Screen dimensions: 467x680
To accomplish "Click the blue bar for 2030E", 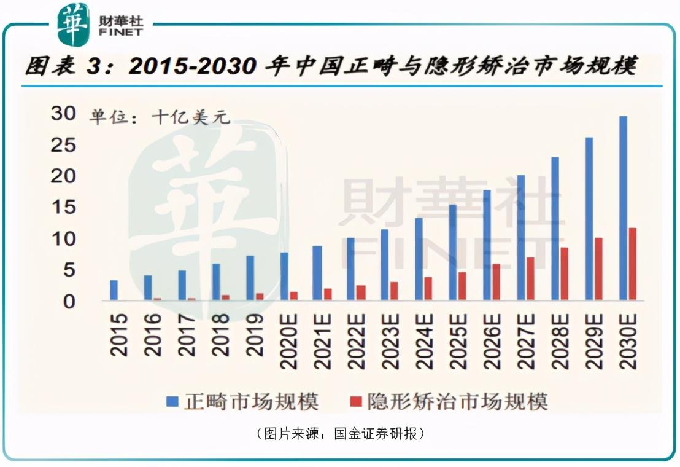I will click(x=623, y=208).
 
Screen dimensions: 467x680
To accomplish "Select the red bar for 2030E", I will click(x=633, y=264).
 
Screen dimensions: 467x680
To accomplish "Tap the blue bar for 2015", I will click(x=114, y=291).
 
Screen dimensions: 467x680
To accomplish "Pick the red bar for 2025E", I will click(x=462, y=286).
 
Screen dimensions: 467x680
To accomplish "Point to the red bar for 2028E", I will click(x=565, y=274).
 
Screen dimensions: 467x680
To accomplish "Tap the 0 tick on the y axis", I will click(x=69, y=301).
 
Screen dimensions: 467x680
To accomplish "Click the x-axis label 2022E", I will click(x=355, y=341).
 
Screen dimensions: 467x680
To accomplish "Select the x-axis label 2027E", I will click(x=526, y=341).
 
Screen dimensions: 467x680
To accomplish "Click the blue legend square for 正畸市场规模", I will click(x=172, y=402).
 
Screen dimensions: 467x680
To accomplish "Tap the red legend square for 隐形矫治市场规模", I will click(x=355, y=402).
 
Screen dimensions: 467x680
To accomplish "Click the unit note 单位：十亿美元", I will click(x=160, y=117).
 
